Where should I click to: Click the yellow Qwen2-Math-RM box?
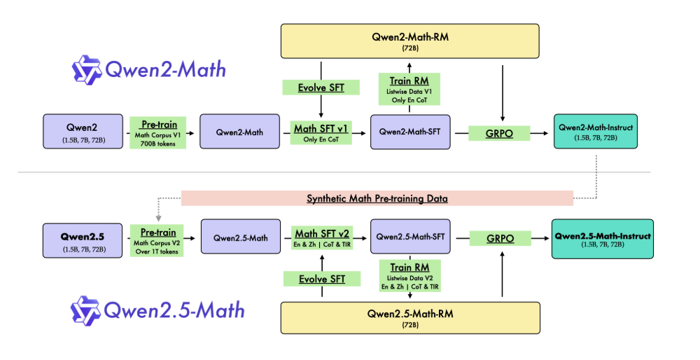(409, 41)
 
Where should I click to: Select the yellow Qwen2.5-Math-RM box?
(409, 317)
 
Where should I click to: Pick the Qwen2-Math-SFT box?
(409, 131)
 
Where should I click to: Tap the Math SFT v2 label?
(321, 238)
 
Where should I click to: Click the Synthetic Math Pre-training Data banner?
(377, 198)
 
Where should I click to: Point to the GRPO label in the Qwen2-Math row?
(499, 131)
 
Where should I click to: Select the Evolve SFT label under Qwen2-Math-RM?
(321, 88)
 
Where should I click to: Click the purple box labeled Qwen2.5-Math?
(235, 238)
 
